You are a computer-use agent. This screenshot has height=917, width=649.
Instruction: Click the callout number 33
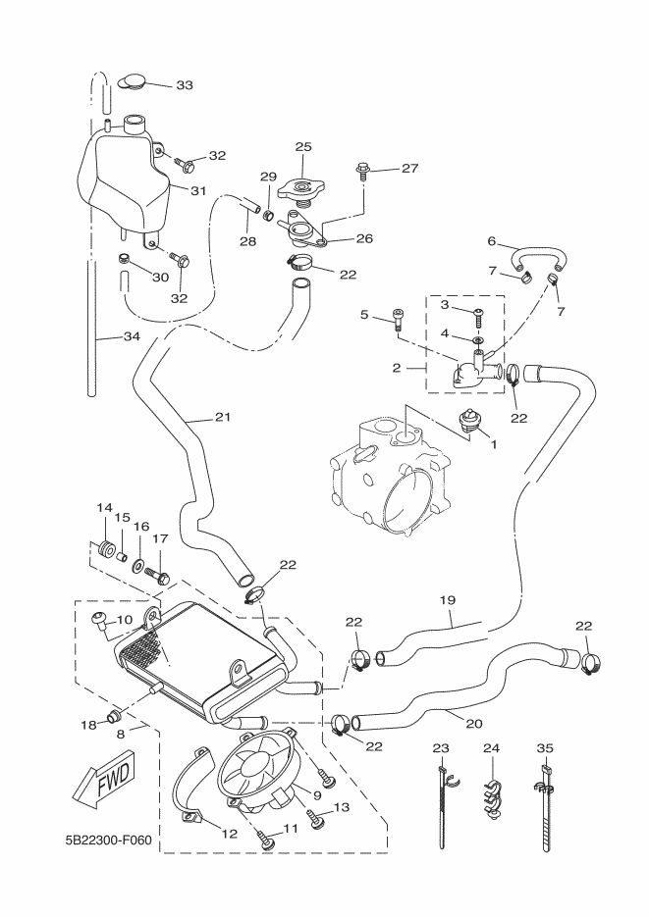point(185,85)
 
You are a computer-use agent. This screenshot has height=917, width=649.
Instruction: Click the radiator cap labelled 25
point(302,184)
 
